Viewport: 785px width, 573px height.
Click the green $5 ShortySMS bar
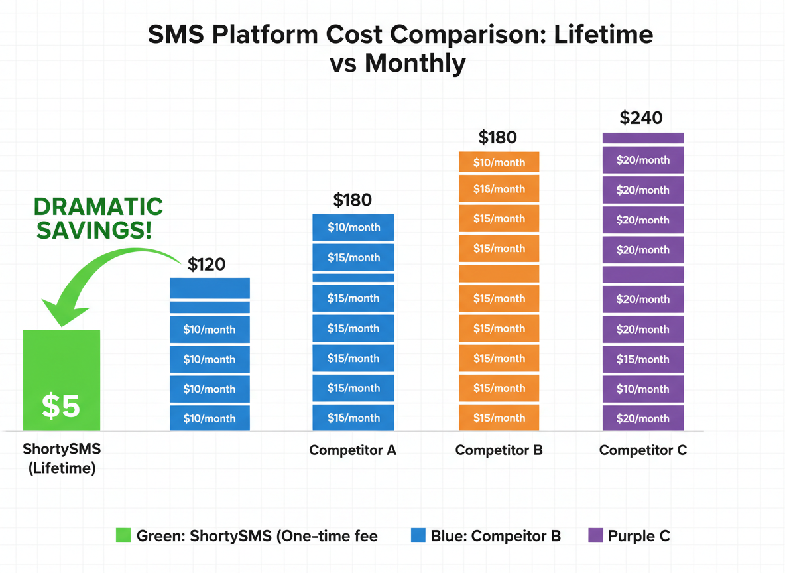pyautogui.click(x=61, y=381)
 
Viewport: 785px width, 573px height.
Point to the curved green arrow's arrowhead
pyautogui.click(x=60, y=312)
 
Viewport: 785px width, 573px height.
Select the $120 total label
pyautogui.click(x=206, y=265)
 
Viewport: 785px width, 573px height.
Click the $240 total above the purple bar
pyautogui.click(x=641, y=118)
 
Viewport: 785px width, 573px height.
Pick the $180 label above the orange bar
pyautogui.click(x=497, y=138)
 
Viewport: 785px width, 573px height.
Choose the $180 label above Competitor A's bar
pyautogui.click(x=352, y=200)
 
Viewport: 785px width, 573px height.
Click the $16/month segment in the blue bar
pyautogui.click(x=353, y=418)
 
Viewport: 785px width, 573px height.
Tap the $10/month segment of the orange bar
pyautogui.click(x=499, y=162)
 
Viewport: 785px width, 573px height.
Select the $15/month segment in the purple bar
pyautogui.click(x=642, y=359)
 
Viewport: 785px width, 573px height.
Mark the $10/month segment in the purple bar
pyautogui.click(x=642, y=389)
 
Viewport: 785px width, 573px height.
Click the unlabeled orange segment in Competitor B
pyautogui.click(x=499, y=273)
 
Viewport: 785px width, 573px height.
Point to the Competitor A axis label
pyautogui.click(x=353, y=450)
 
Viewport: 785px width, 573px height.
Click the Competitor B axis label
pyautogui.click(x=499, y=450)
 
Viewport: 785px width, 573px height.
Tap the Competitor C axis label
pyautogui.click(x=642, y=450)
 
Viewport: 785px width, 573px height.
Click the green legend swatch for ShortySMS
pyautogui.click(x=123, y=535)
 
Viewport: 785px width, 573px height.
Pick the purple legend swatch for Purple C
pyautogui.click(x=595, y=535)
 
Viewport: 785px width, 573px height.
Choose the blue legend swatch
pyautogui.click(x=418, y=535)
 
